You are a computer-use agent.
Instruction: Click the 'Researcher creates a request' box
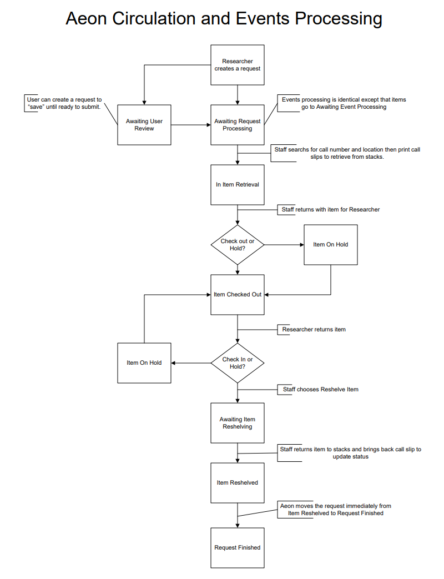pos(238,65)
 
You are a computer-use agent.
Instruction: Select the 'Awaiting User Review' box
pos(144,125)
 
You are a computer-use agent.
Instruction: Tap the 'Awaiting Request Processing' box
pos(238,125)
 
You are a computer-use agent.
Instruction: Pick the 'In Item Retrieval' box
pos(238,184)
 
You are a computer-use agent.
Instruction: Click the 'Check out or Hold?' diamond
pos(238,245)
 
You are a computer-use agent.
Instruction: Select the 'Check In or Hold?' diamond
pos(238,363)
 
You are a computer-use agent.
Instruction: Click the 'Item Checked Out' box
pos(238,295)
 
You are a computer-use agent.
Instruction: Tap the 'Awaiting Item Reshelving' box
pos(238,423)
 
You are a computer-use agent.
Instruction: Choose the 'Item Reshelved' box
pos(238,483)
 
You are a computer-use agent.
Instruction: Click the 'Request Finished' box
pos(238,548)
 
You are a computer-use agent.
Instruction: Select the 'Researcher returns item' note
pos(314,330)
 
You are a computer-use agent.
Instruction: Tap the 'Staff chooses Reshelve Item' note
pos(320,390)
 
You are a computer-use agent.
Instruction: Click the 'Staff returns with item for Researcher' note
pos(330,210)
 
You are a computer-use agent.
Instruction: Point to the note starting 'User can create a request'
pos(64,103)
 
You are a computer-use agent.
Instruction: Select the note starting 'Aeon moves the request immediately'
pos(335,510)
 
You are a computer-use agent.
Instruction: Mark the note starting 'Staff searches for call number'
pos(347,153)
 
